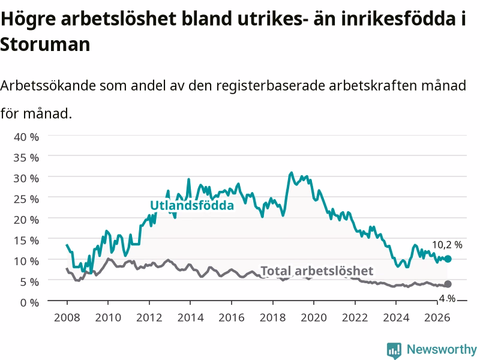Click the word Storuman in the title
point(45,44)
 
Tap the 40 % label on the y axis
point(26,137)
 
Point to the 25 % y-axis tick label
point(26,199)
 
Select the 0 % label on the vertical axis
point(29,302)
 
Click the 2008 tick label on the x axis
point(67,317)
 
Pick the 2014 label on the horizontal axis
point(190,317)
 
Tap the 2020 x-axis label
point(314,317)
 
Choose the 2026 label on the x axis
point(437,317)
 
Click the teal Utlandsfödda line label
point(192,205)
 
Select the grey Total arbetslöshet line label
point(317,271)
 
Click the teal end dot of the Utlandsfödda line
point(448,259)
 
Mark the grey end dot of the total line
point(448,284)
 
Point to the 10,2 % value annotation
point(447,245)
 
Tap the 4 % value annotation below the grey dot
point(447,298)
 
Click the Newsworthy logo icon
point(394,350)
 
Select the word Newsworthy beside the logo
point(442,349)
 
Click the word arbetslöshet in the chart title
point(118,19)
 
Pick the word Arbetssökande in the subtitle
point(48,85)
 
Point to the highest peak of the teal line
point(291,173)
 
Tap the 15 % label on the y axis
point(26,241)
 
